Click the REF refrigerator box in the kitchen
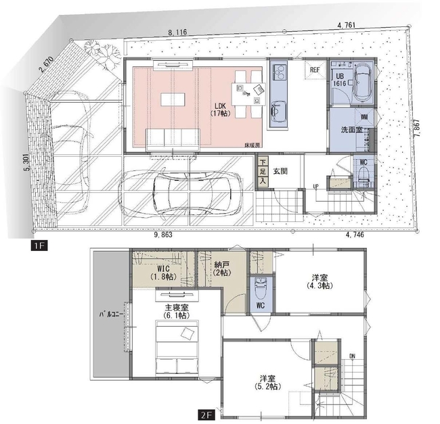coord(315,70)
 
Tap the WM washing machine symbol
coord(364,117)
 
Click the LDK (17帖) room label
coord(220,110)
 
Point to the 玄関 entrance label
coord(280,171)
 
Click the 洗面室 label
coord(351,130)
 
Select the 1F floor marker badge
coord(39,245)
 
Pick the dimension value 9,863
coord(163,235)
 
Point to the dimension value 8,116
coord(177,32)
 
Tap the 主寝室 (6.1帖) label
coord(177,311)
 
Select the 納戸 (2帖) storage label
coord(222,268)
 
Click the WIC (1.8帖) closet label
coord(163,273)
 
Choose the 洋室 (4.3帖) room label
coord(320,281)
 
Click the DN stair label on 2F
coord(352,356)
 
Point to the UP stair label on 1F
coord(316,187)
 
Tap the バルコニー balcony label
coord(111,314)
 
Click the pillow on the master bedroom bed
coord(188,333)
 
